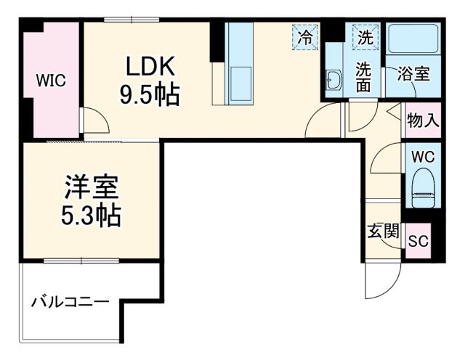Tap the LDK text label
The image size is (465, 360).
[150, 67]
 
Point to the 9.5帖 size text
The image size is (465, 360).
[150, 94]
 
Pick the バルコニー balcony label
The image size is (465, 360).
[70, 302]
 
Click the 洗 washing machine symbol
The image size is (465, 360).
[363, 36]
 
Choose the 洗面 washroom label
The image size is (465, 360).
[363, 77]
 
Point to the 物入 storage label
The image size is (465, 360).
[422, 120]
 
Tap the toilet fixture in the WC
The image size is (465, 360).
[421, 186]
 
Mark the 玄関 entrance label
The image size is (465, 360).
[382, 232]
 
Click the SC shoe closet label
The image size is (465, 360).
[418, 241]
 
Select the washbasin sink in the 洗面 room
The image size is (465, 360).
[335, 78]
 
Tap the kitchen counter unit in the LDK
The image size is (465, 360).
[238, 62]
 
